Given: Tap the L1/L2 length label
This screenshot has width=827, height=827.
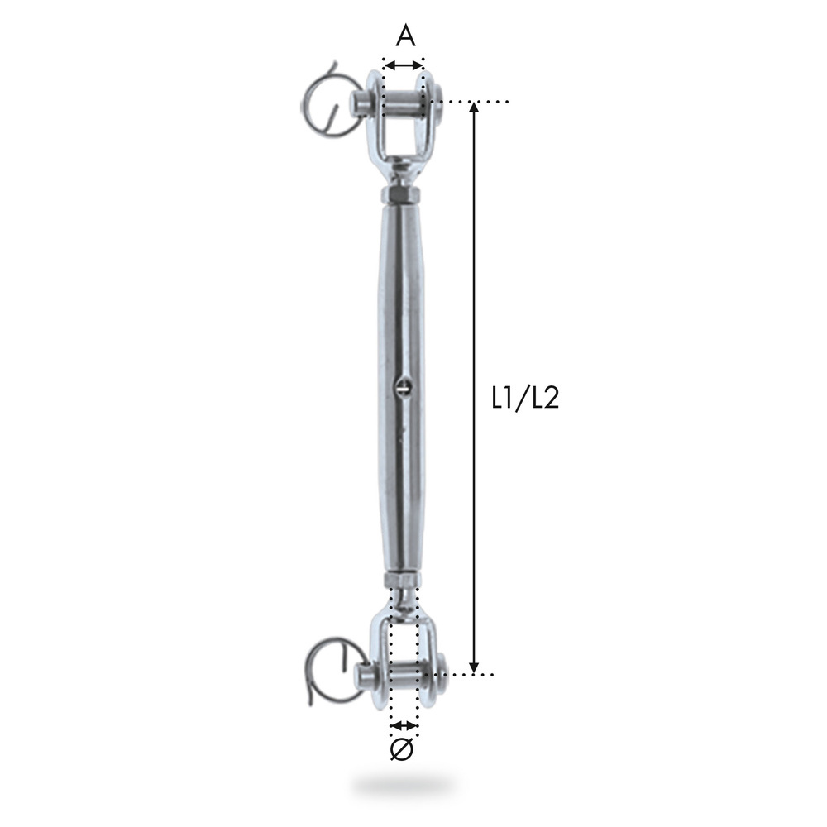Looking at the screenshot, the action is [x=525, y=399].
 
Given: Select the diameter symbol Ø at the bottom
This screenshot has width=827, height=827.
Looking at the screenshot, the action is [x=402, y=749].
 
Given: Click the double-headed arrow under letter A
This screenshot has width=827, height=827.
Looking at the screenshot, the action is [x=404, y=65].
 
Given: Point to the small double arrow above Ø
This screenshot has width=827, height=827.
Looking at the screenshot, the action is [x=404, y=725].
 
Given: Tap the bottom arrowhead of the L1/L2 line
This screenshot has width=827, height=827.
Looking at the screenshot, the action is [x=474, y=667].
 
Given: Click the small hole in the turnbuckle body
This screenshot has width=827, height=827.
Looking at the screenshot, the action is [x=403, y=386].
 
